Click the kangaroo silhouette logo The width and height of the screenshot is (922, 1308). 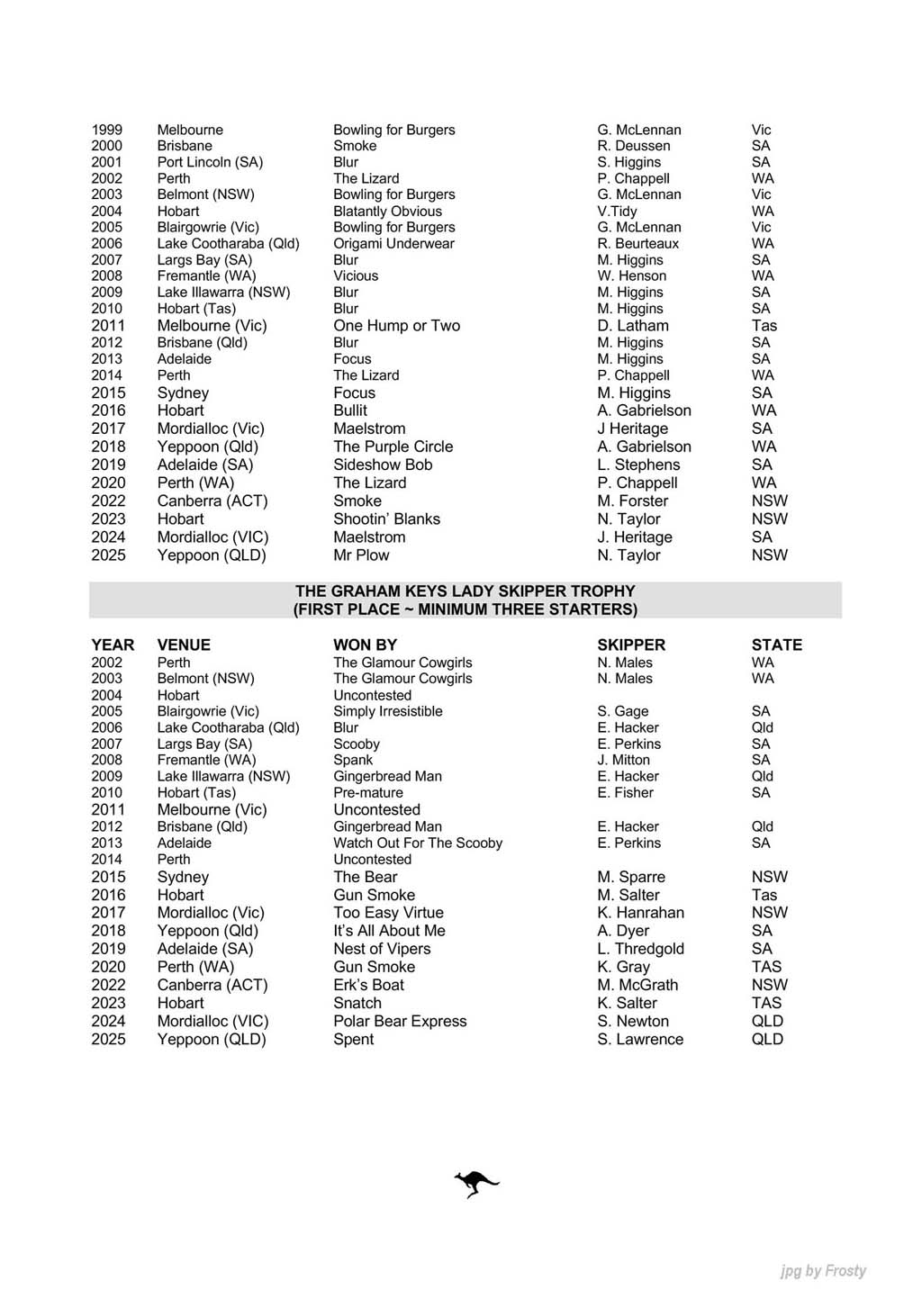(476, 1184)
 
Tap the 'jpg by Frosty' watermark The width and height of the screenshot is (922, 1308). (823, 1270)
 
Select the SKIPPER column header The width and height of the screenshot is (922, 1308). (631, 645)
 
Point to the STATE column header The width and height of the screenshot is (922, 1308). (776, 645)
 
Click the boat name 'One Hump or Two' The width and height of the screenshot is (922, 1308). (396, 326)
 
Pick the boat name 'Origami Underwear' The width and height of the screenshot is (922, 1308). (393, 243)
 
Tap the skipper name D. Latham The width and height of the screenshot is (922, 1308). (633, 326)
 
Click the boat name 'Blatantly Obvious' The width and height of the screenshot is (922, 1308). (387, 211)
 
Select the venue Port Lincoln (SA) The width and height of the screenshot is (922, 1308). (210, 162)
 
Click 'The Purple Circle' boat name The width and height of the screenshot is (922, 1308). (393, 447)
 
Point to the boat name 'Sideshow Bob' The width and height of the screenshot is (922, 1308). (383, 465)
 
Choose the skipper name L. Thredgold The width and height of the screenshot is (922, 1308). (640, 949)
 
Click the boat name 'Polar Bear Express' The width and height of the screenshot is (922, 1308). (400, 1021)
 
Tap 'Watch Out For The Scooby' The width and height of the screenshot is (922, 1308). (418, 843)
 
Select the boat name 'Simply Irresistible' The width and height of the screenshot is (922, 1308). (387, 711)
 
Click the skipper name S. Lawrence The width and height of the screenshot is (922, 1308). (640, 1039)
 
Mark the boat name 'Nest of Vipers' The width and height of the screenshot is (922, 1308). (382, 949)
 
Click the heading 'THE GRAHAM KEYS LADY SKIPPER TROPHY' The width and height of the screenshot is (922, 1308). (465, 591)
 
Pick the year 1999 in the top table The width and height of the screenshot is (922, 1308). (106, 130)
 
